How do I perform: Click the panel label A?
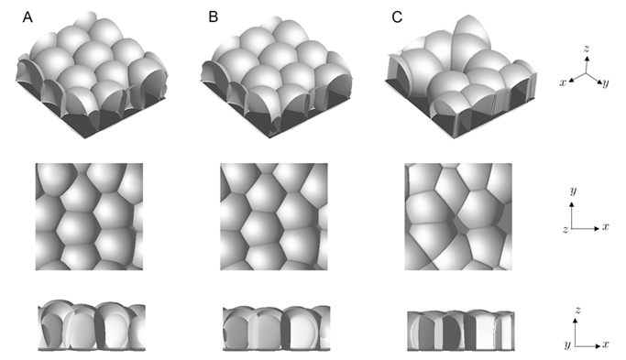click(x=27, y=17)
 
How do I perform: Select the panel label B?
click(x=214, y=16)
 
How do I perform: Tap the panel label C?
click(x=397, y=16)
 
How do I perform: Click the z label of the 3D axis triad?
click(x=587, y=49)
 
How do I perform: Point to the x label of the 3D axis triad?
click(x=563, y=82)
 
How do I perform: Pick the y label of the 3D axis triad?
click(x=606, y=82)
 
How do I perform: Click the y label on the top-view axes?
click(x=574, y=191)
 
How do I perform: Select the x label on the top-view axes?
click(x=606, y=226)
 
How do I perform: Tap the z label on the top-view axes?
click(x=566, y=229)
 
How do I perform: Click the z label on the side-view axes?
click(x=577, y=310)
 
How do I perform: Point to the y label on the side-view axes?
click(x=567, y=344)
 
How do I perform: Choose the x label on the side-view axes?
click(x=606, y=344)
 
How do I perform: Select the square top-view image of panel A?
click(x=89, y=217)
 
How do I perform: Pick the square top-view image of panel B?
click(x=274, y=217)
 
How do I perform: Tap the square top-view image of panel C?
click(x=458, y=217)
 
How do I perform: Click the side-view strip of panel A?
click(x=92, y=325)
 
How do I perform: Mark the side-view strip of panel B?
click(x=276, y=328)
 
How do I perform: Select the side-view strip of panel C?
click(x=461, y=331)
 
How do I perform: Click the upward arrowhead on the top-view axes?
click(x=572, y=204)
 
